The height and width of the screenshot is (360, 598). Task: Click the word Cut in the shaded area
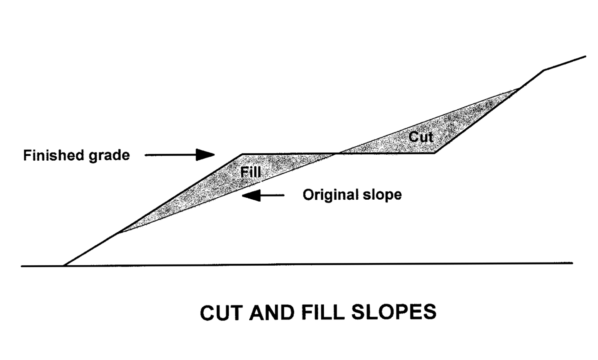point(421,137)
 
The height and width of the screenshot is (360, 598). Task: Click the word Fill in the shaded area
point(250,172)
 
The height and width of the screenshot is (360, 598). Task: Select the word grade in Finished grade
point(109,156)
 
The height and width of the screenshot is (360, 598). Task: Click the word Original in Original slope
point(330,195)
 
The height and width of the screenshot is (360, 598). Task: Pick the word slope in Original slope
point(382,195)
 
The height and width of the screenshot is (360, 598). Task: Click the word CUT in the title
point(221,313)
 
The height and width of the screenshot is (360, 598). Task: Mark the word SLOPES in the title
point(394,312)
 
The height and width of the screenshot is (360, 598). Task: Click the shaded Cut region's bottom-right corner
point(435,152)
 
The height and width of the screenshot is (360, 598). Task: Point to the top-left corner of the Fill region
point(242,154)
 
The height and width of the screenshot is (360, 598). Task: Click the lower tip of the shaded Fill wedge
point(118,232)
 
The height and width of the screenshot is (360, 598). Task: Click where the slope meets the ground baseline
point(64,265)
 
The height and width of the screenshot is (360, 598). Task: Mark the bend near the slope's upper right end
point(544,70)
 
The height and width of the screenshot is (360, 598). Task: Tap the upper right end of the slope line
point(586,56)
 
